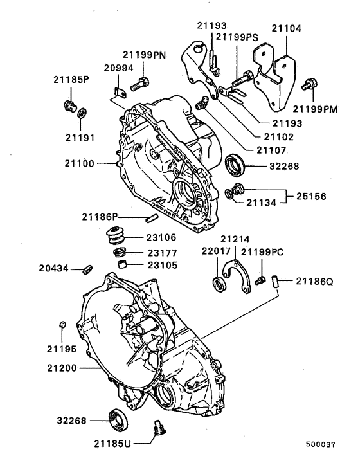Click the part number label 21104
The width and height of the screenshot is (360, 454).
286,30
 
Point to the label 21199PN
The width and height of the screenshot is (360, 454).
145,55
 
